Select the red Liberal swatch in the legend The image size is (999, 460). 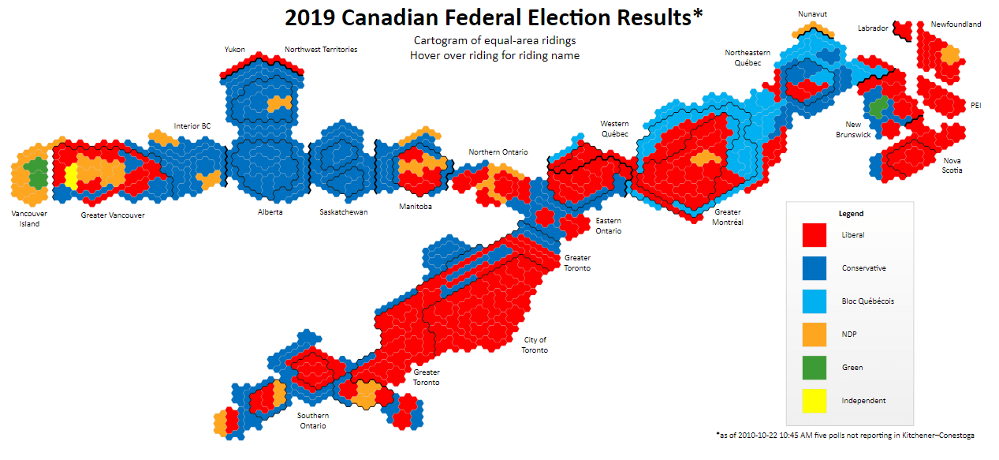(x=814, y=235)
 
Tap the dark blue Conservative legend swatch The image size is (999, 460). (x=814, y=268)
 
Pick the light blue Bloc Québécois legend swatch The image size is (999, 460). (x=814, y=301)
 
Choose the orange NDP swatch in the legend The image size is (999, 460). (x=814, y=335)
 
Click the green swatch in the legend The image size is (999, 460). (x=814, y=368)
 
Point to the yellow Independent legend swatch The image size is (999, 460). (x=814, y=401)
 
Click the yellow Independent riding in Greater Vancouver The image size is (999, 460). (x=71, y=176)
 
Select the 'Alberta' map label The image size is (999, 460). (x=270, y=212)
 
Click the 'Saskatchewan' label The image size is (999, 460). (x=343, y=212)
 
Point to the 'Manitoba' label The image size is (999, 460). (x=416, y=207)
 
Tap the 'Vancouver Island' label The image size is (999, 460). (x=29, y=219)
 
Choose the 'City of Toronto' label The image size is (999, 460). (x=535, y=345)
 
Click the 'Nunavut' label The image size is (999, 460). (x=811, y=13)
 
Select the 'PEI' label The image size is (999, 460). (x=975, y=105)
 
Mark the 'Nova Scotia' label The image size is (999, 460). (x=952, y=165)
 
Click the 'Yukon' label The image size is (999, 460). (x=234, y=49)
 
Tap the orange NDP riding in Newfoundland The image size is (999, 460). (x=950, y=55)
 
